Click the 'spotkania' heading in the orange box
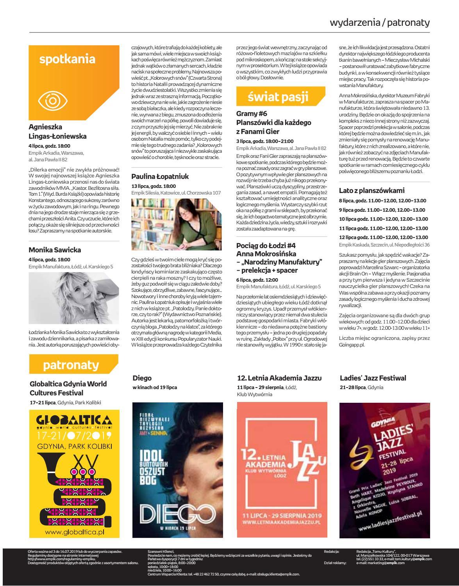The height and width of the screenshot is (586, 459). (x=67, y=59)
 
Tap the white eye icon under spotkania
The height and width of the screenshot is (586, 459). (x=52, y=101)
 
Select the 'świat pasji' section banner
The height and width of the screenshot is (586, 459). (x=278, y=96)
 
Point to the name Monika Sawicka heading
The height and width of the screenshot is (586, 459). (x=55, y=250)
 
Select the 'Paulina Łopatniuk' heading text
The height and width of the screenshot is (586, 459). (x=160, y=176)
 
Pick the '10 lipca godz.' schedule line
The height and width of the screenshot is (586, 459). (x=383, y=219)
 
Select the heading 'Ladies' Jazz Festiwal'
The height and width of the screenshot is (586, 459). (x=373, y=378)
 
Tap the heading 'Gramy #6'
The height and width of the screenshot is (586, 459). (x=252, y=114)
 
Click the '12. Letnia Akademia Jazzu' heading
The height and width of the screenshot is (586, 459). (x=279, y=378)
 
